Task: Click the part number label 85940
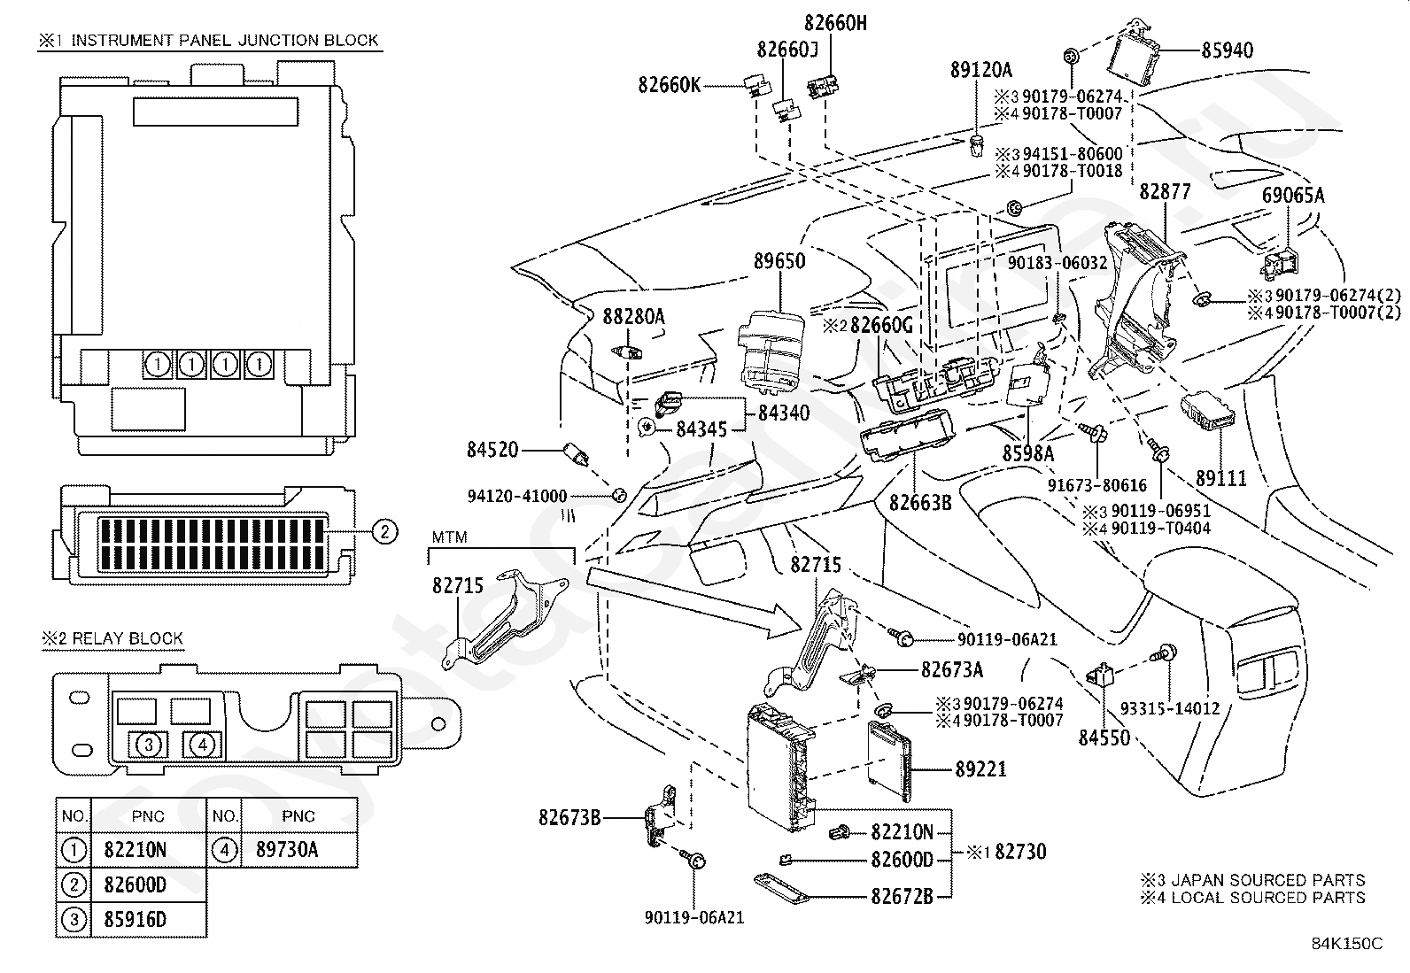pyautogui.click(x=1228, y=51)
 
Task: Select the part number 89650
pyautogui.click(x=779, y=261)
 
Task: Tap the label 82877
pyautogui.click(x=1165, y=192)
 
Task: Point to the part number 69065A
pyautogui.click(x=1294, y=197)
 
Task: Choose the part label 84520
pyautogui.click(x=492, y=451)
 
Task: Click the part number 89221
pyautogui.click(x=980, y=769)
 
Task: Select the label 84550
pyautogui.click(x=1104, y=737)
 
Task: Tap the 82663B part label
pyautogui.click(x=920, y=503)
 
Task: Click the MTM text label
pyautogui.click(x=449, y=537)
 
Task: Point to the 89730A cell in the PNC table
pyautogui.click(x=287, y=850)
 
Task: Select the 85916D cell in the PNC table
pyautogui.click(x=135, y=920)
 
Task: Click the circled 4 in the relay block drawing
pyautogui.click(x=203, y=745)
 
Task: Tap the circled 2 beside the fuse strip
pyautogui.click(x=383, y=531)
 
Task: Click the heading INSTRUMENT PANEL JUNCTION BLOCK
pyautogui.click(x=224, y=40)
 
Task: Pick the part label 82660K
pyautogui.click(x=669, y=85)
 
